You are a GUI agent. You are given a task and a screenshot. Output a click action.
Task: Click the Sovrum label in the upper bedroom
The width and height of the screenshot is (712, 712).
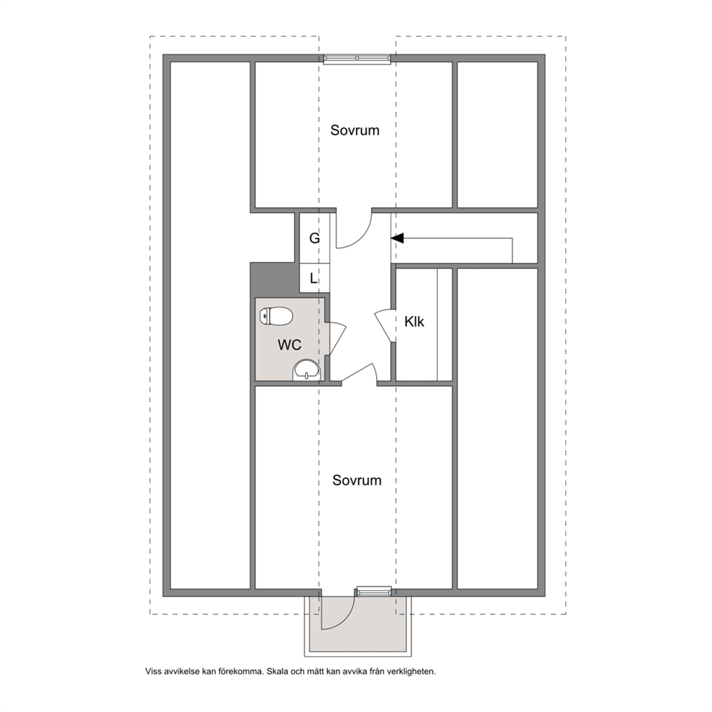click(355, 131)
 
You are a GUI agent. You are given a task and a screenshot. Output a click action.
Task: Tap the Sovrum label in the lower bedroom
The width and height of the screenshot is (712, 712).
click(357, 480)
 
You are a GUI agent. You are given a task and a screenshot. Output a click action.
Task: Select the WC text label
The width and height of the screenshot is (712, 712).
click(289, 345)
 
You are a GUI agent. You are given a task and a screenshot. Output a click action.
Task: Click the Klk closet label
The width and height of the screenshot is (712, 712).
click(414, 322)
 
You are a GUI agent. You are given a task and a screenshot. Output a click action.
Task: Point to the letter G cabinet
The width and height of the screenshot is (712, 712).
click(314, 238)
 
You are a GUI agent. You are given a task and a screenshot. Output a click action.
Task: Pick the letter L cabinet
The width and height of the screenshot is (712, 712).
click(314, 278)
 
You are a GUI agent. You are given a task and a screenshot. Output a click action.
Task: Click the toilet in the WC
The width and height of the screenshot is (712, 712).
click(276, 316)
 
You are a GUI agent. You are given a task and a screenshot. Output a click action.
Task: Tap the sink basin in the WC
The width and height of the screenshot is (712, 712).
click(307, 370)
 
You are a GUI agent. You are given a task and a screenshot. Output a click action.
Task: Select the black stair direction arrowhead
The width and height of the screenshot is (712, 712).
click(398, 238)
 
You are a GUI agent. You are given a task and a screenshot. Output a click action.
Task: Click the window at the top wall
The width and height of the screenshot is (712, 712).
click(357, 58)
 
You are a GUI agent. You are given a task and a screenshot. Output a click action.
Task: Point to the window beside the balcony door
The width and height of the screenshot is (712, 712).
click(373, 591)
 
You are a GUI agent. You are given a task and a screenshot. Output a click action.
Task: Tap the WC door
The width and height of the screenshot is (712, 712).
click(338, 338)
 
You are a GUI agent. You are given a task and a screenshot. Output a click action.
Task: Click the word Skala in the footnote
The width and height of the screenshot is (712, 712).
click(276, 671)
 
